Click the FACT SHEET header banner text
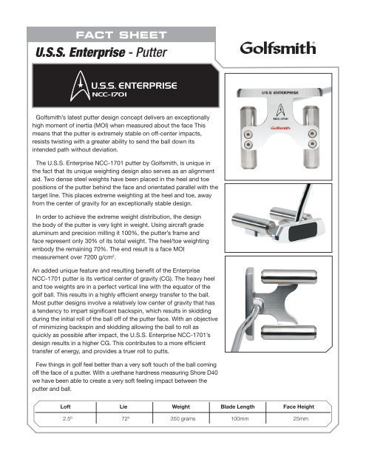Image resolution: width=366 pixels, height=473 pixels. (118, 35)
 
